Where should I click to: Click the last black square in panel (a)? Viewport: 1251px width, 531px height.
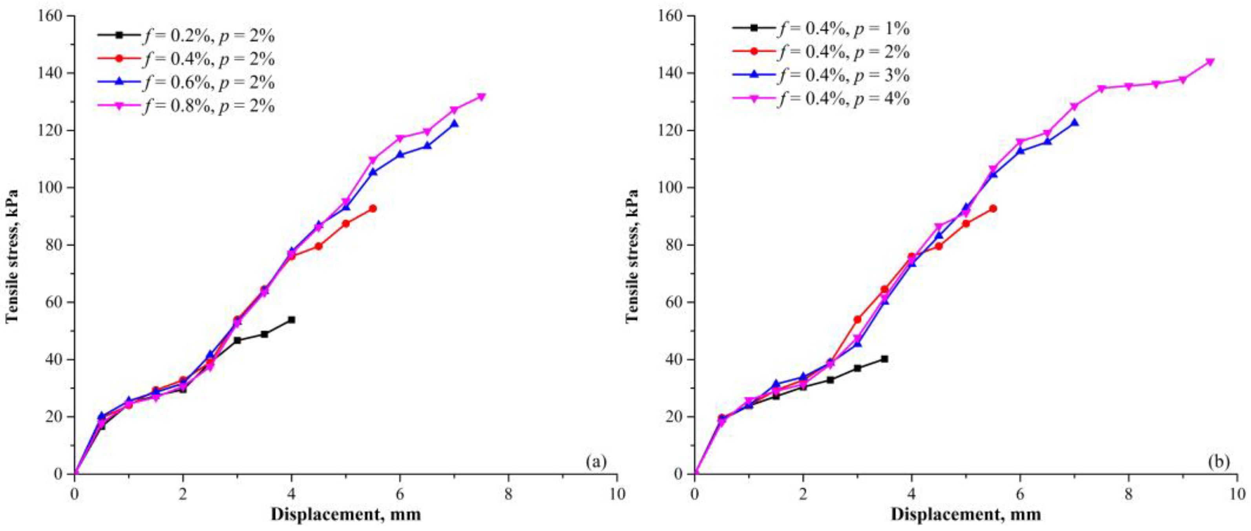click(291, 320)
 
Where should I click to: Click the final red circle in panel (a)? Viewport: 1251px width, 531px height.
click(373, 209)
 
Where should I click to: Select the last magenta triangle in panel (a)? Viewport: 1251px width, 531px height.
click(481, 97)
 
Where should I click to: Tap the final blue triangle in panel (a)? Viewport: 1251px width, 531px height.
click(454, 124)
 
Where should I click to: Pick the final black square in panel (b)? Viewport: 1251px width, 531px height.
click(884, 359)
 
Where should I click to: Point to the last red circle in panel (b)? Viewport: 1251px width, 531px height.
click(993, 209)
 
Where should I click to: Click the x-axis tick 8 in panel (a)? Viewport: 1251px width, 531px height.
click(508, 491)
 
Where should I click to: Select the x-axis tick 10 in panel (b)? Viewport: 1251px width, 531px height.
click(1237, 491)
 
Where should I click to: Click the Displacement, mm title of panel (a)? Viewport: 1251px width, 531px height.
click(345, 514)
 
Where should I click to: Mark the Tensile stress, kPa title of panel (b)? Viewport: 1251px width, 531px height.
click(632, 255)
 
